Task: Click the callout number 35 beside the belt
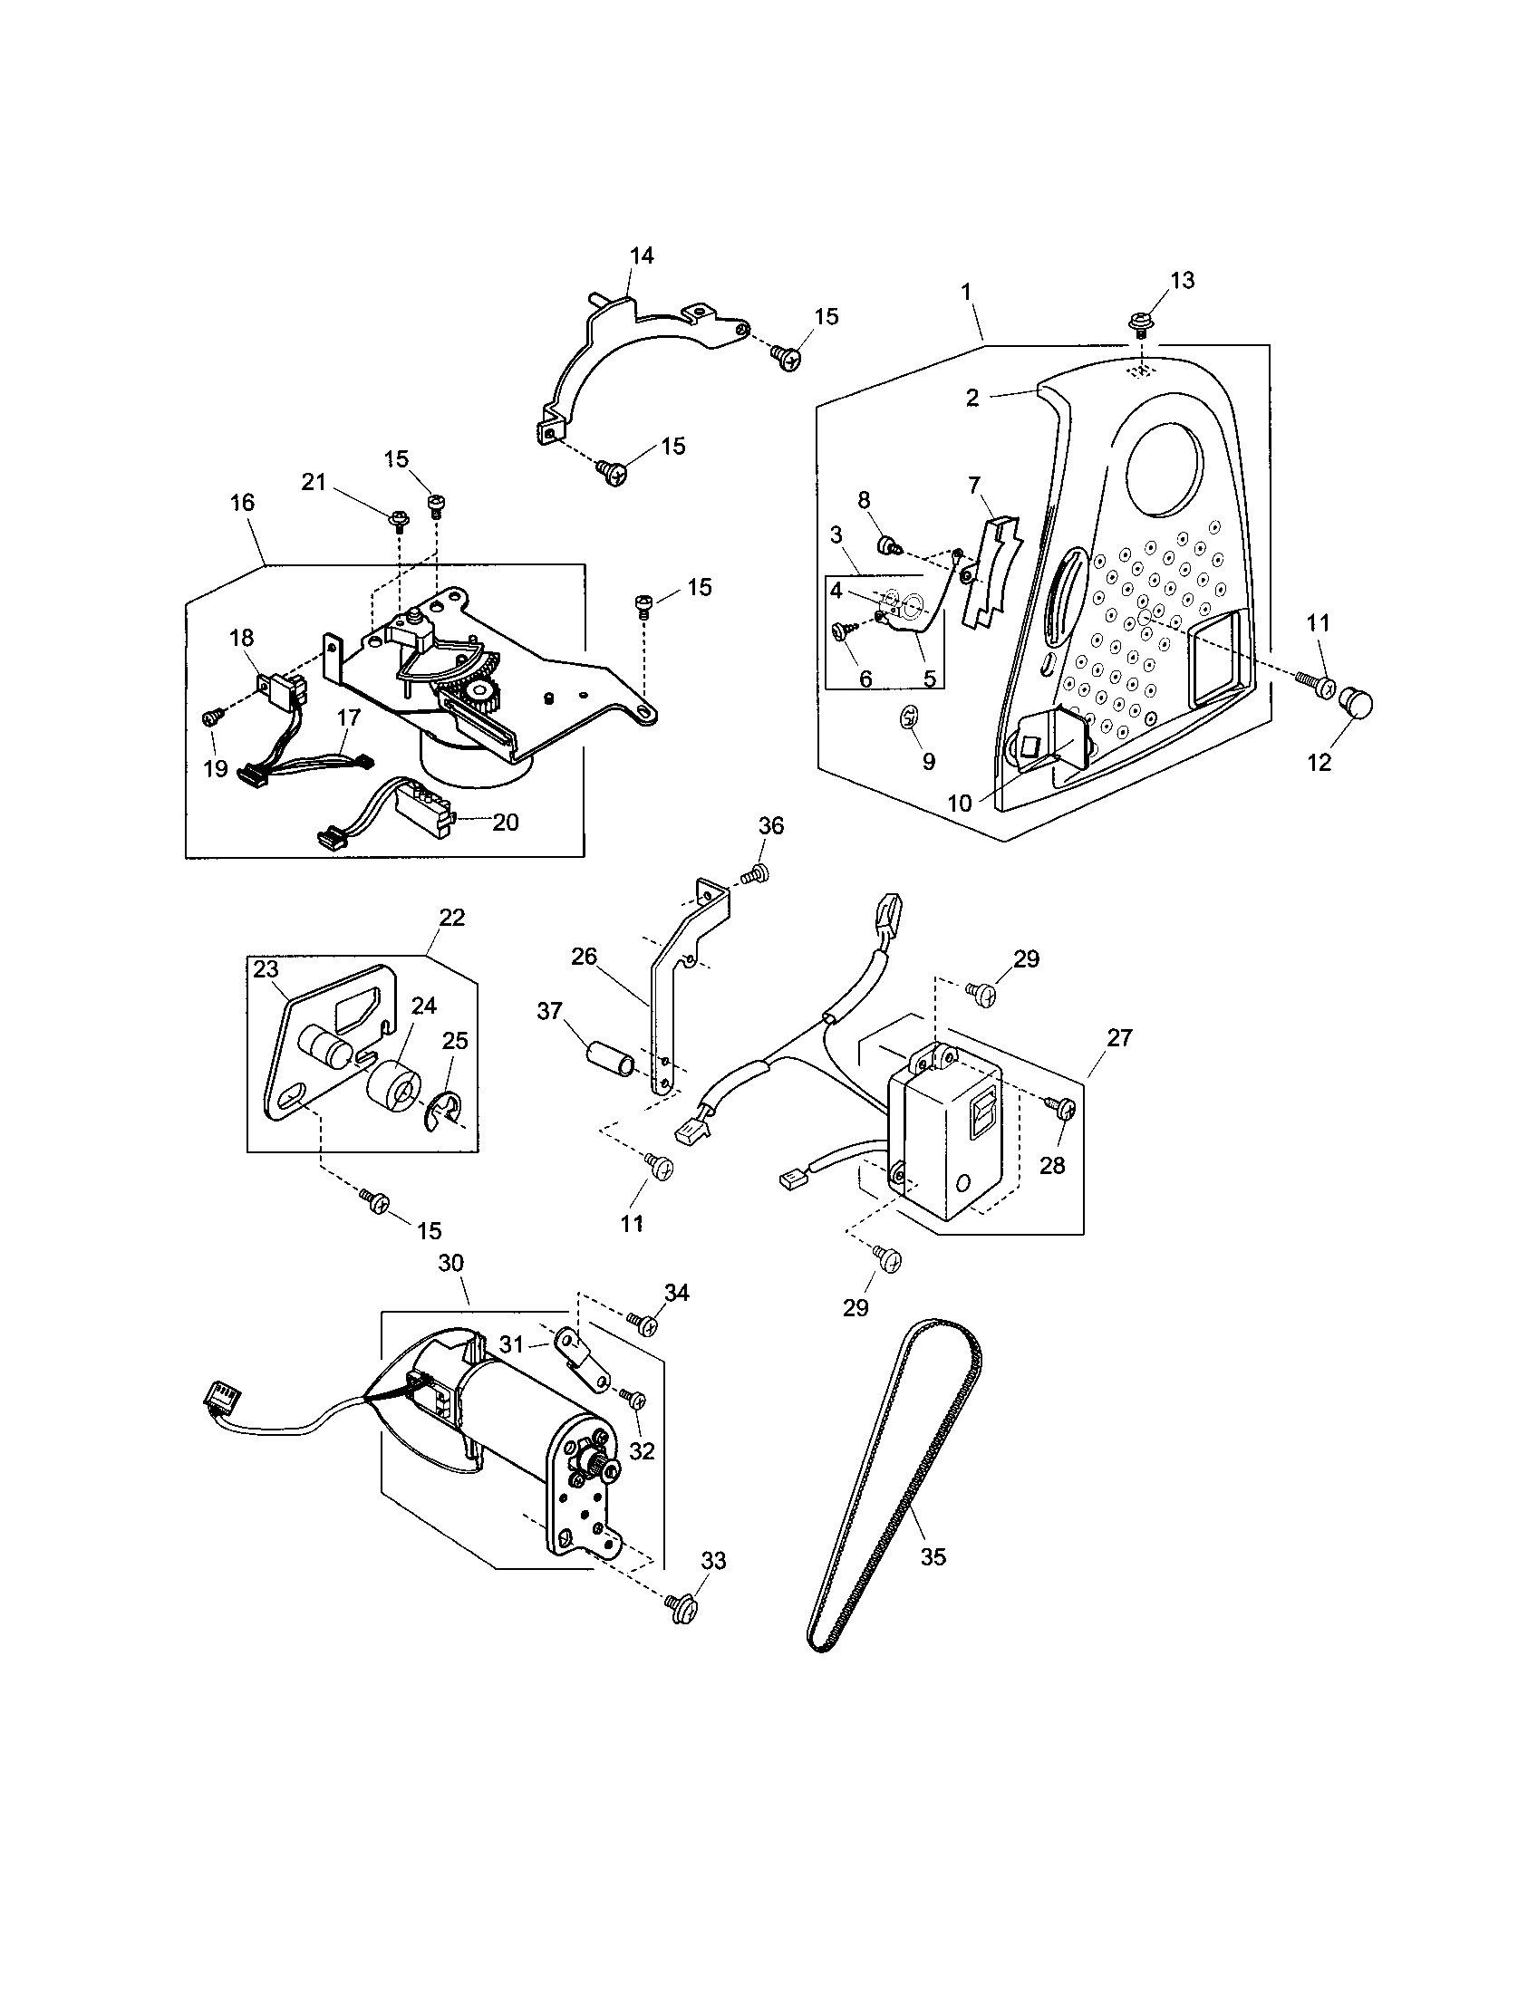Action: [933, 1555]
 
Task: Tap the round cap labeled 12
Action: [1358, 706]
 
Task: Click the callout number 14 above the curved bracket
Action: [642, 255]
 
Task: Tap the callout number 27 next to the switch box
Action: [1119, 1037]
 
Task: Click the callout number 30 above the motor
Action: [451, 1263]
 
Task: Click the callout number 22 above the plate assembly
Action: [452, 917]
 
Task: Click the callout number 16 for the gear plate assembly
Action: [242, 503]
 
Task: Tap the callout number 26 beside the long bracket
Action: [584, 957]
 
